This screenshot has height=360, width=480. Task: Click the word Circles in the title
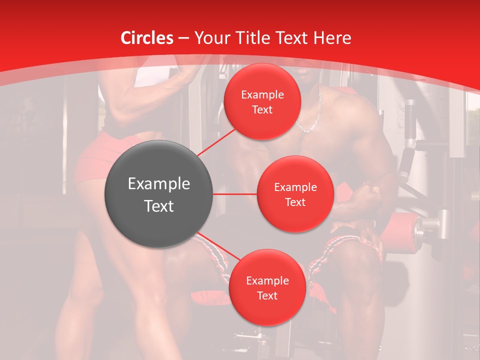(x=147, y=38)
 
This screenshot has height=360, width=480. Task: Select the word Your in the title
(x=211, y=38)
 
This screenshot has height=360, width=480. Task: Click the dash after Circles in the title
(x=183, y=38)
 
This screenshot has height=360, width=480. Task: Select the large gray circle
(x=159, y=194)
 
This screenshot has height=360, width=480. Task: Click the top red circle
(x=262, y=101)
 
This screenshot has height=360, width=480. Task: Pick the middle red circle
(x=295, y=194)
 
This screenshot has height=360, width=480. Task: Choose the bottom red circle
(x=267, y=287)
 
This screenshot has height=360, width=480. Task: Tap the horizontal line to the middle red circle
(x=235, y=194)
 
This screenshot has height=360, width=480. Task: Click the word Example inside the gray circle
(x=159, y=184)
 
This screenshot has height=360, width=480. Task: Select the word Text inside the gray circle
(x=159, y=206)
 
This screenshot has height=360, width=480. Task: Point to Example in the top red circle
(x=262, y=94)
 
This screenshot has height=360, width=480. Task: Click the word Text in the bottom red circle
(x=267, y=295)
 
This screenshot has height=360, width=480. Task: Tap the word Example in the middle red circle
(x=295, y=187)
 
